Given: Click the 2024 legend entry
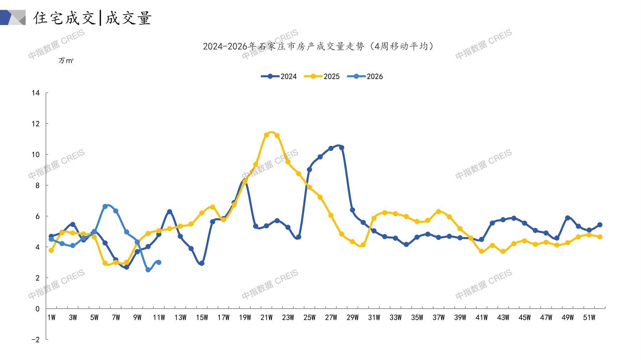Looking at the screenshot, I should click(279, 76).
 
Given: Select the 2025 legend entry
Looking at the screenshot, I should click(322, 76).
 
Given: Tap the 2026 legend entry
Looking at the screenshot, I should click(365, 76).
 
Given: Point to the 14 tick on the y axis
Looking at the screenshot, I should click(36, 93).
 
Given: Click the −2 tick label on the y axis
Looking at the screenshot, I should click(35, 340).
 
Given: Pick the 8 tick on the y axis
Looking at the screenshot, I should click(37, 185).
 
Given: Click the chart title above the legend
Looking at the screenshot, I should click(318, 46).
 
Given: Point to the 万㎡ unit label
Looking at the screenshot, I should click(66, 61).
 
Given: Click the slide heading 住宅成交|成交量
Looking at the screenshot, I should click(92, 18).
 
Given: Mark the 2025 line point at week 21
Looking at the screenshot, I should click(266, 135).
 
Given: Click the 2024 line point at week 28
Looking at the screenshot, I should click(342, 147).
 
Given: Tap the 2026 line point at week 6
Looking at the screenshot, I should click(105, 206).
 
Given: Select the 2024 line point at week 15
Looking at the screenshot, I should click(202, 263).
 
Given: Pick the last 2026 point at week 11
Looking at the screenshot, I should click(159, 262).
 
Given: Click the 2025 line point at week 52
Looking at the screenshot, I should click(600, 237).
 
